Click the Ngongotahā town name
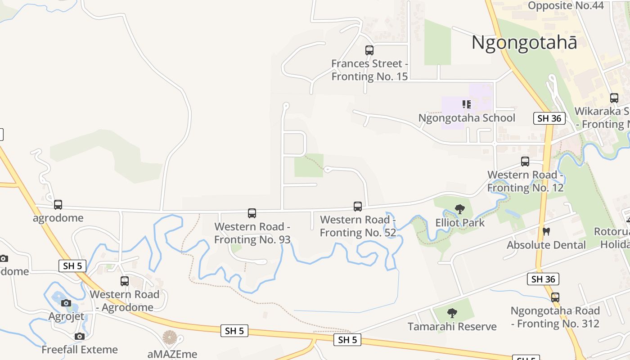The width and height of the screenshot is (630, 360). point(524,43)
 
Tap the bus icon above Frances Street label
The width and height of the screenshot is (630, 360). point(369,50)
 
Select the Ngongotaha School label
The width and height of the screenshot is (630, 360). point(467,118)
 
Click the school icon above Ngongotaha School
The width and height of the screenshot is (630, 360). point(467,104)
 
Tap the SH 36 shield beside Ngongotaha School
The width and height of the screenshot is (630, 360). point(549,118)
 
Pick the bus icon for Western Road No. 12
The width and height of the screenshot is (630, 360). point(525,162)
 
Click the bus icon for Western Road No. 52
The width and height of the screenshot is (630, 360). point(358,207)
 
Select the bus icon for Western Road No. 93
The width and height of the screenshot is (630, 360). point(252,213)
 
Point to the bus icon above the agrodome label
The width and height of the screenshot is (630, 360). point(58,205)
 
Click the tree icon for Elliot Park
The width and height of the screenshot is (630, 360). point(459,209)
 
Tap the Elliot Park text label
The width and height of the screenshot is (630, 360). point(460,222)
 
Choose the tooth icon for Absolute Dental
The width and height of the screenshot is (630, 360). point(547,232)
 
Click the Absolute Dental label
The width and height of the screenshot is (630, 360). point(546,245)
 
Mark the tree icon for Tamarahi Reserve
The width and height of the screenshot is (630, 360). point(452,313)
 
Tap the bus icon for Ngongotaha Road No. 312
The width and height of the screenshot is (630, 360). point(555,297)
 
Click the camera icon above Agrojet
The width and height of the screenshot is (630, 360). point(66,303)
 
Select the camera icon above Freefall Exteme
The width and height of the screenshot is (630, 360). point(80,336)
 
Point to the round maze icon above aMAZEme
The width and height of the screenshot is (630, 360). point(170,337)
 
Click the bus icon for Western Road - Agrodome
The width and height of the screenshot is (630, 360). point(125,281)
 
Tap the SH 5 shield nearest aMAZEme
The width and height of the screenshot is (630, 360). point(234,331)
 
